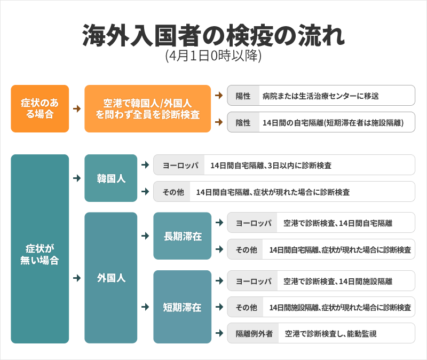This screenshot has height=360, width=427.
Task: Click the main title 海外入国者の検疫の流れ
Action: pos(213,35)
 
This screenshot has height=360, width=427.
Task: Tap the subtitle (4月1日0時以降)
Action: pos(213,56)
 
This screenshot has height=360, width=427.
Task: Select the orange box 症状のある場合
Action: pos(39,109)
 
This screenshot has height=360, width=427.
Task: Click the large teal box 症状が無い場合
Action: pos(39,249)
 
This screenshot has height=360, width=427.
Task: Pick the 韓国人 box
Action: pos(111,178)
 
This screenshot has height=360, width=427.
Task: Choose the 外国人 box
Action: pos(111,278)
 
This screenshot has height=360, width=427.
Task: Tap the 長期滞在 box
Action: pos(183,236)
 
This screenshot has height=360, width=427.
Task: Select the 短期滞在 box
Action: pos(183,307)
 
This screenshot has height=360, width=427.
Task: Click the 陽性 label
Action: pos(243,96)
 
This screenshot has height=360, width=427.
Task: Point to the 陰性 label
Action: pos(243,122)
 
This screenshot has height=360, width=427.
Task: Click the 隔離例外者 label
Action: pos(254,334)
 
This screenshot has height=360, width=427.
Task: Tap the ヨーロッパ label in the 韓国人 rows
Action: pos(180,165)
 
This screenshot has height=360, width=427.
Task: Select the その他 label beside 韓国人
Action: pos(173,192)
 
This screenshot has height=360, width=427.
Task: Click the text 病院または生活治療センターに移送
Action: pos(321,96)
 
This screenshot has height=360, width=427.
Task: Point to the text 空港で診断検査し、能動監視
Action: pos(330,334)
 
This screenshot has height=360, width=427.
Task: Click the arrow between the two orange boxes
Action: pos(77,109)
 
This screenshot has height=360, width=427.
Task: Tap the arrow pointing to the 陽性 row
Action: pos(219,96)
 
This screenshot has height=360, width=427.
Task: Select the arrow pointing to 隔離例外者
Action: pos(219,333)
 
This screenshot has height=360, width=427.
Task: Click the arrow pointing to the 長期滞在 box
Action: pos(145,236)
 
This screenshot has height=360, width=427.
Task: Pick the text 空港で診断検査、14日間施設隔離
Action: pos(338,281)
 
